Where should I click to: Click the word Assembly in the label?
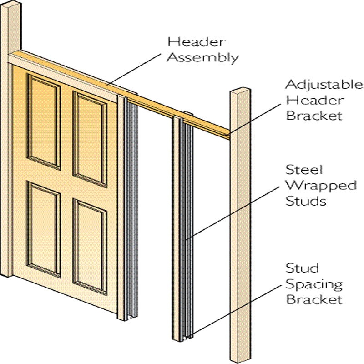click(202, 57)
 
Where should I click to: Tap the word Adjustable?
click(324, 85)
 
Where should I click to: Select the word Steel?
click(304, 169)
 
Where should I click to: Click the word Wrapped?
click(321, 186)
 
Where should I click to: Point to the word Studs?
click(305, 201)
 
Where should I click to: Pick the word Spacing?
click(314, 284)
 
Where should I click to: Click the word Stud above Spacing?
click(302, 268)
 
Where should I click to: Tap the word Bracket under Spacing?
click(314, 299)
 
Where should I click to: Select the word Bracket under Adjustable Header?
click(314, 116)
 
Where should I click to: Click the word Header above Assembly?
click(197, 42)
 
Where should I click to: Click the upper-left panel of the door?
click(44, 121)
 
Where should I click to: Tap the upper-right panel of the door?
click(90, 139)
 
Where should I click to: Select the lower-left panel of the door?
click(44, 229)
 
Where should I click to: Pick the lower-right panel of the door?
click(90, 247)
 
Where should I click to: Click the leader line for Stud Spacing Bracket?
click(236, 310)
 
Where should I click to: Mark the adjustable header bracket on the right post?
click(227, 135)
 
